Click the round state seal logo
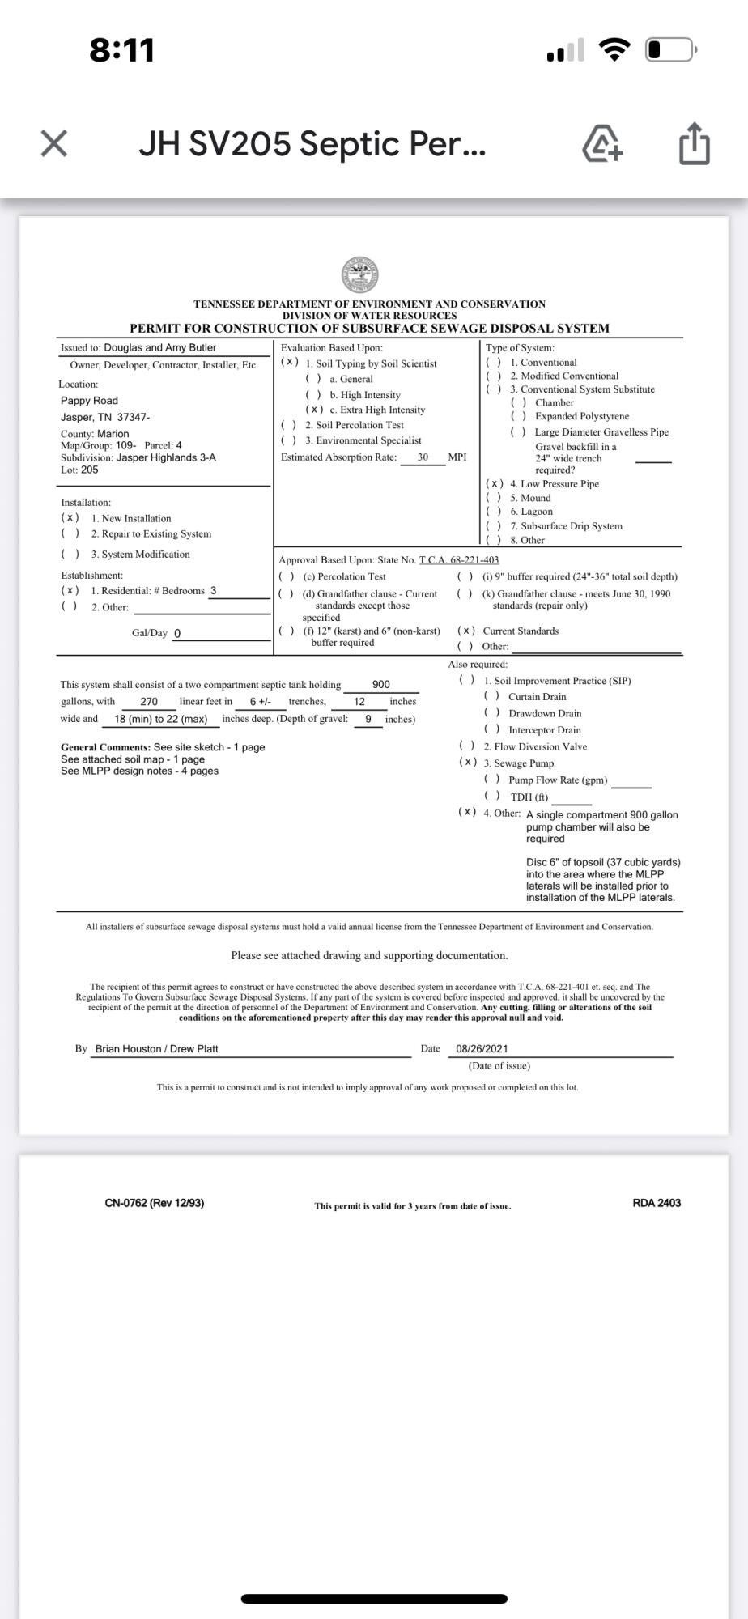[360, 274]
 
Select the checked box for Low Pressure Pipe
[495, 484]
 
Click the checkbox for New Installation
[70, 518]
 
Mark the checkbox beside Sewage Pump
[467, 763]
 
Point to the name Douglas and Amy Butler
[160, 348]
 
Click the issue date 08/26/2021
[482, 1048]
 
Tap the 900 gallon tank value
[380, 685]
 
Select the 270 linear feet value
[149, 702]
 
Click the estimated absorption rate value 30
[423, 457]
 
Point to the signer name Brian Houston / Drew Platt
[157, 1048]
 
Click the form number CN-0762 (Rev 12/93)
[155, 1203]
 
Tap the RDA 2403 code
[657, 1203]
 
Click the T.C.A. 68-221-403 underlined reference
[459, 560]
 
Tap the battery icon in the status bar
[669, 50]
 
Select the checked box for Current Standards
[466, 631]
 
